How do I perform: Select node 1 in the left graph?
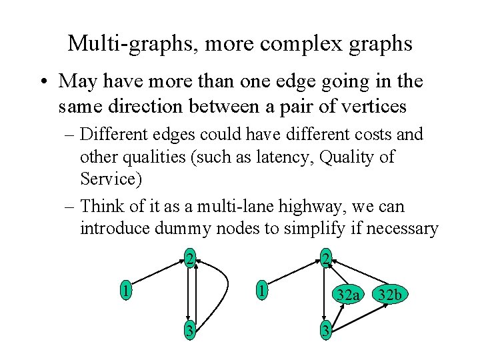click(124, 291)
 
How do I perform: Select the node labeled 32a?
click(348, 294)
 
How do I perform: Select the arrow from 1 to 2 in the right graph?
click(294, 274)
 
